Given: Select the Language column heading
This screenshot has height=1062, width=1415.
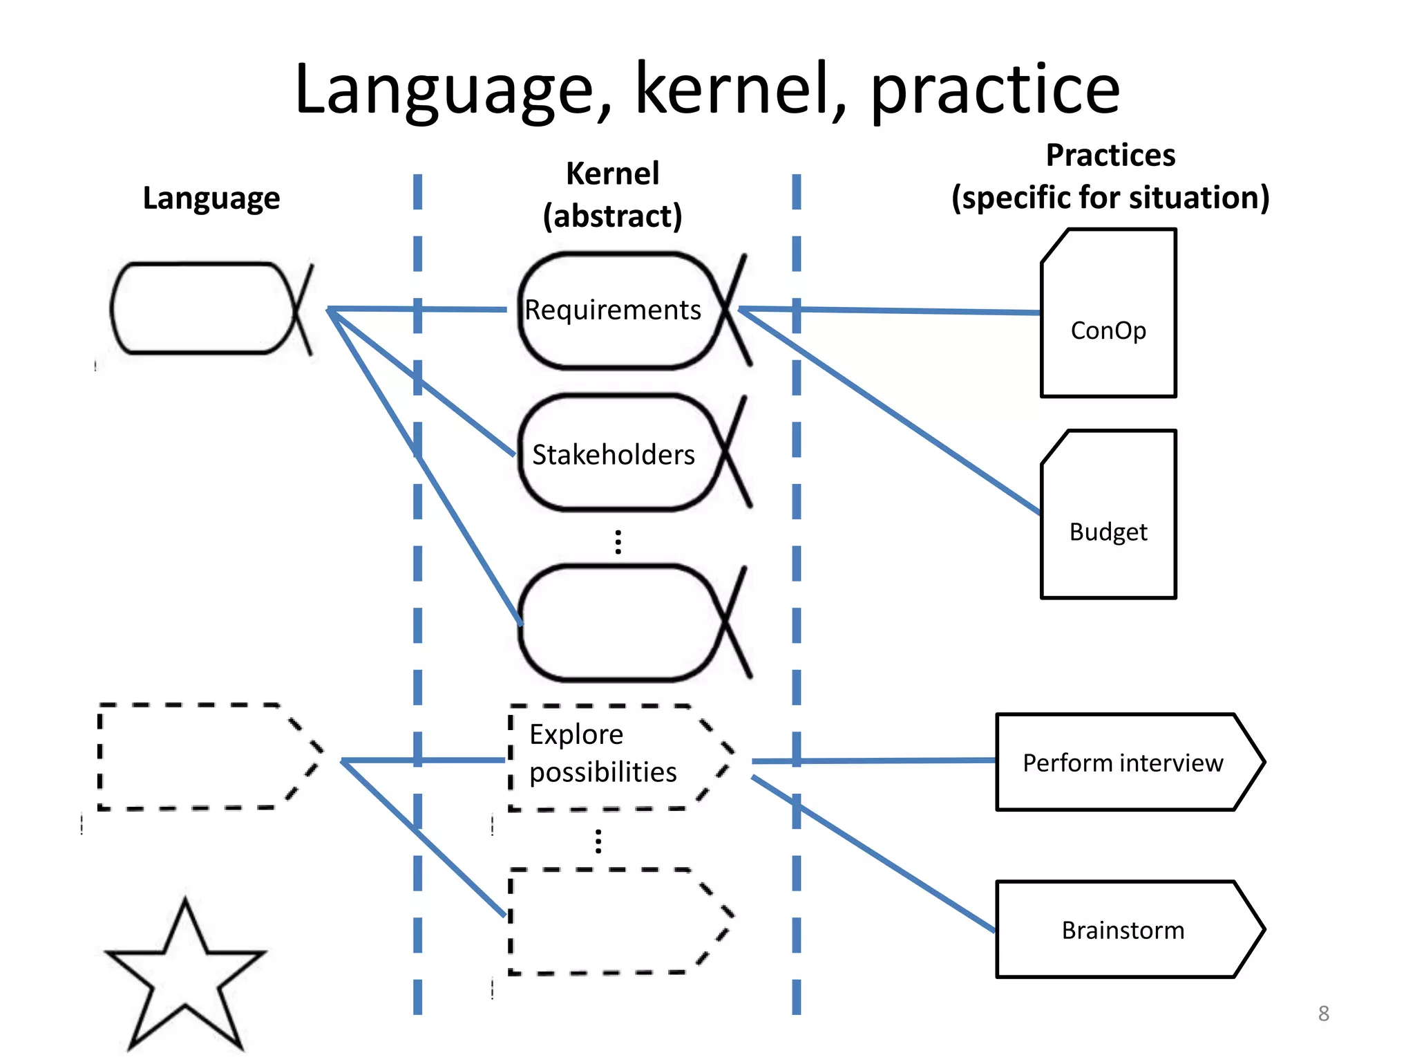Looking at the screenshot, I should (211, 198).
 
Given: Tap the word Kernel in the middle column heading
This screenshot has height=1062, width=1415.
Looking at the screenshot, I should (612, 174).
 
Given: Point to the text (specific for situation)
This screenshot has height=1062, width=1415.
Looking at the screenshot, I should (1110, 198).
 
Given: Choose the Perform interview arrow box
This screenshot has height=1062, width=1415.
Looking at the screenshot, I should (1123, 763).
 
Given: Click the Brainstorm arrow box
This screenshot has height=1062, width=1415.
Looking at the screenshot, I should (1123, 930).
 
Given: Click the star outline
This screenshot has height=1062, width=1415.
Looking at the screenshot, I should (185, 975).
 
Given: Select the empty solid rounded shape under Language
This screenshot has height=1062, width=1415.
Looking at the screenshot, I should (200, 308).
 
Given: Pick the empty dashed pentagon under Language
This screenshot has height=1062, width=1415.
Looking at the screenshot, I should (200, 756).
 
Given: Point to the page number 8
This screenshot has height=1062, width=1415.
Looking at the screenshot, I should (1323, 1014).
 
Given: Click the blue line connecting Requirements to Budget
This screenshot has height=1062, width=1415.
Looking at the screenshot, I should (891, 411).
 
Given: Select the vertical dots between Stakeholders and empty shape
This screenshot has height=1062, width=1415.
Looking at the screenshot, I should (618, 542).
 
